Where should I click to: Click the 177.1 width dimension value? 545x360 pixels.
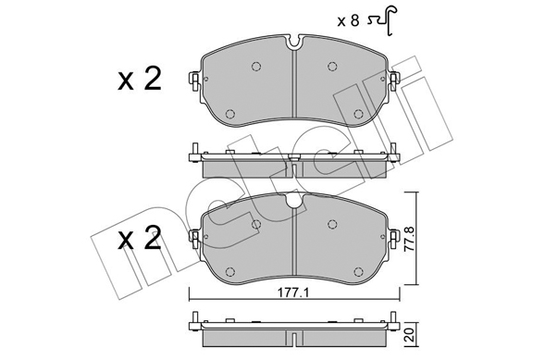pyautogui.click(x=293, y=292)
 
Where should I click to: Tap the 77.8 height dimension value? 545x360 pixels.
pyautogui.click(x=410, y=240)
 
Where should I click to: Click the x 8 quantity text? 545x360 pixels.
pyautogui.click(x=348, y=21)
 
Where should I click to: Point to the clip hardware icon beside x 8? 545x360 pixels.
pyautogui.click(x=382, y=20)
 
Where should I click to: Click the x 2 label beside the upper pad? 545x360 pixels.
pyautogui.click(x=140, y=80)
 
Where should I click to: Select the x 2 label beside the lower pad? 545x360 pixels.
pyautogui.click(x=140, y=238)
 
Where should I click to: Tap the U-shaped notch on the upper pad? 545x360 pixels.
pyautogui.click(x=295, y=42)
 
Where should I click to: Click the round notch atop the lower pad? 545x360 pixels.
pyautogui.click(x=295, y=201)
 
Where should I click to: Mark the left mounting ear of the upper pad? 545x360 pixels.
pyautogui.click(x=194, y=81)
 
